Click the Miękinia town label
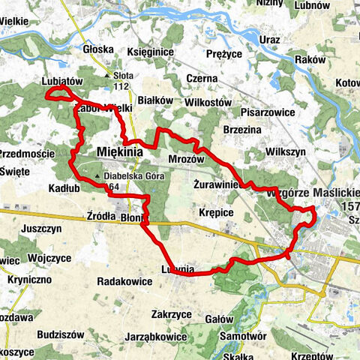coord(121,152)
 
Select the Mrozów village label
coord(187,159)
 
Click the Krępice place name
coord(216,213)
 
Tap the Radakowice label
coord(122,281)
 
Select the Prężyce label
coord(223,54)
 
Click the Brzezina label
coord(241,129)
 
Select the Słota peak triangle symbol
coord(108,75)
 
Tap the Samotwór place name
coord(235,337)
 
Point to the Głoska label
coord(98,49)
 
